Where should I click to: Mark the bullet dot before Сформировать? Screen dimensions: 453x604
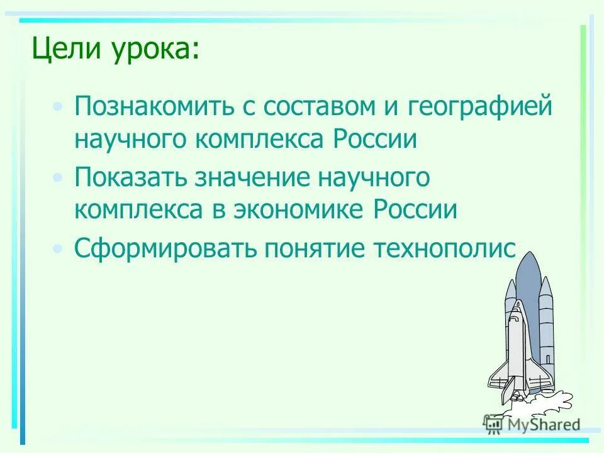click(58, 249)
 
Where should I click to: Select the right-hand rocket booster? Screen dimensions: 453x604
click(546, 333)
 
